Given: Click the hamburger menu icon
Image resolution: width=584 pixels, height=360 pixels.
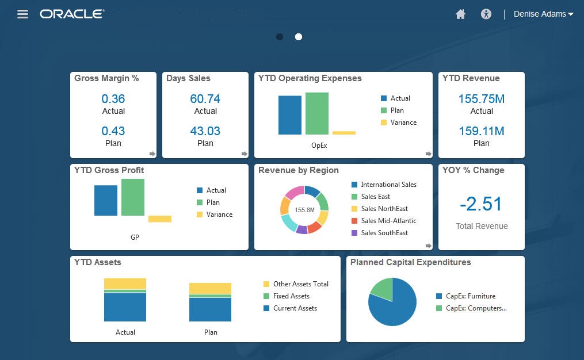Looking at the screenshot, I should [x=23, y=14].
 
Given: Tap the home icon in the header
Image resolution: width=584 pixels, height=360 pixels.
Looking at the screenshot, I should [x=460, y=14].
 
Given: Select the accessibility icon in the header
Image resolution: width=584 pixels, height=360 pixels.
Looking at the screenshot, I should [x=486, y=14].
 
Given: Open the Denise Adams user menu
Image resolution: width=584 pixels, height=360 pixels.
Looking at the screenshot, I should [x=543, y=14].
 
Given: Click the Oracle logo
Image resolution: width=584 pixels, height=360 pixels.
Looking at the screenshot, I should [x=72, y=14].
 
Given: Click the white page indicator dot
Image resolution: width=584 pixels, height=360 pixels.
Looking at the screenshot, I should [x=299, y=37].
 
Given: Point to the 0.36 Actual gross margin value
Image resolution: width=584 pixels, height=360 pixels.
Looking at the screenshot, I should [x=113, y=99].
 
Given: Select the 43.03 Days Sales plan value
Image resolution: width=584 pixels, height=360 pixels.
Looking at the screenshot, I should [x=205, y=131].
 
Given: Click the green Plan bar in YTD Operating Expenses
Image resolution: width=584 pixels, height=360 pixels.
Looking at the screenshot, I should [x=316, y=113].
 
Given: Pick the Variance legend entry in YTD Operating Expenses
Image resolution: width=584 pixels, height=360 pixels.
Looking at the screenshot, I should [x=403, y=122].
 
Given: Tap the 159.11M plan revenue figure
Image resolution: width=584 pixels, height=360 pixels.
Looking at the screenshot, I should [x=482, y=131].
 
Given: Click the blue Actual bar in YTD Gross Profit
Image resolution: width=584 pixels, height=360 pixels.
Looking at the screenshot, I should [x=106, y=200].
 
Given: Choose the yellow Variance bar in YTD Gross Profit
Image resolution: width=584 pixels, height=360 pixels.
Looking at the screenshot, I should [x=160, y=219].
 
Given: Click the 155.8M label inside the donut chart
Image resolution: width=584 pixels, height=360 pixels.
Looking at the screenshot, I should [x=304, y=210].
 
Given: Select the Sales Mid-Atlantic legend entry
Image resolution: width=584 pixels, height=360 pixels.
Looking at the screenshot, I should [x=388, y=221].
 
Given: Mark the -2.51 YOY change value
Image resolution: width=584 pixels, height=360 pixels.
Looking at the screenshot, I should [x=482, y=204].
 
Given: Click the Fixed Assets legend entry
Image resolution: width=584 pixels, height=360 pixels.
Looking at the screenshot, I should [x=291, y=296].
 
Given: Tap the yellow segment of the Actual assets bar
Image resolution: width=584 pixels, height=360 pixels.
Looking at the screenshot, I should [x=125, y=284].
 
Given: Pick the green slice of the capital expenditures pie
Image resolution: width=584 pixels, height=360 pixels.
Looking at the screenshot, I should [x=381, y=289].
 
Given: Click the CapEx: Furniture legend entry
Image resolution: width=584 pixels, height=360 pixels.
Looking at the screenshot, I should [x=470, y=296].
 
